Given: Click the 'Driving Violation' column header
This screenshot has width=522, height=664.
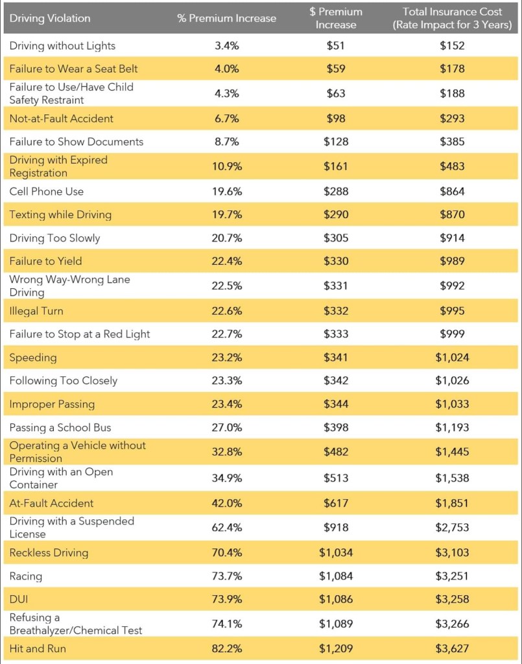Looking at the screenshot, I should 50,18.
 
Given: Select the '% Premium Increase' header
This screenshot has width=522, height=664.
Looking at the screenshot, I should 226,18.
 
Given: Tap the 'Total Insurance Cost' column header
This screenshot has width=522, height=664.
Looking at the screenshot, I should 452,18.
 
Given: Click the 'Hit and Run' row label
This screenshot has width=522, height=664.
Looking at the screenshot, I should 38,648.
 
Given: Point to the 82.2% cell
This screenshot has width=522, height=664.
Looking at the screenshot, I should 226,648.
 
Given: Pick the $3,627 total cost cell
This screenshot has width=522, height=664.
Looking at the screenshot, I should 452,648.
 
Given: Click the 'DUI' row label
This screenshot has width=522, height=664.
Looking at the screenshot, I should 19,599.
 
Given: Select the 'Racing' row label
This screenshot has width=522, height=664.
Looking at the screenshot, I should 25,576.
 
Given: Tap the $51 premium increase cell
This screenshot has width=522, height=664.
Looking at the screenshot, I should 336,45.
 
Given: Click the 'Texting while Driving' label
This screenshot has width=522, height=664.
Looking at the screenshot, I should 60,215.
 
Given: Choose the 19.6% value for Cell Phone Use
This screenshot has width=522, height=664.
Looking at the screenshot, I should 226,191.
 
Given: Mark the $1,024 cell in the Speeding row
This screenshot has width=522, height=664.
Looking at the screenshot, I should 452,357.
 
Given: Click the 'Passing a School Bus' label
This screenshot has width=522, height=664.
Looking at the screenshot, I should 60,427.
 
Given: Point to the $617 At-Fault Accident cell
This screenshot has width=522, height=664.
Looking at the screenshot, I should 336,503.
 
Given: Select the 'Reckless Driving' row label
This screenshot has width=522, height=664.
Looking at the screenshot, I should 49,553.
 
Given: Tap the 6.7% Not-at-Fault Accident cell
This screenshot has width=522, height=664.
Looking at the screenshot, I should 226,118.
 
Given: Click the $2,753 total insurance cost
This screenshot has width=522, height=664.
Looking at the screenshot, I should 452,527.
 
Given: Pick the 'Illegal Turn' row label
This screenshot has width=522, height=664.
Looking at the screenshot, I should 36,311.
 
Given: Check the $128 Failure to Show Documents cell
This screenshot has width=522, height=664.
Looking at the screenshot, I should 336,141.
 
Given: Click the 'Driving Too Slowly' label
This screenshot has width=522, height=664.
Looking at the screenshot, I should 54,238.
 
